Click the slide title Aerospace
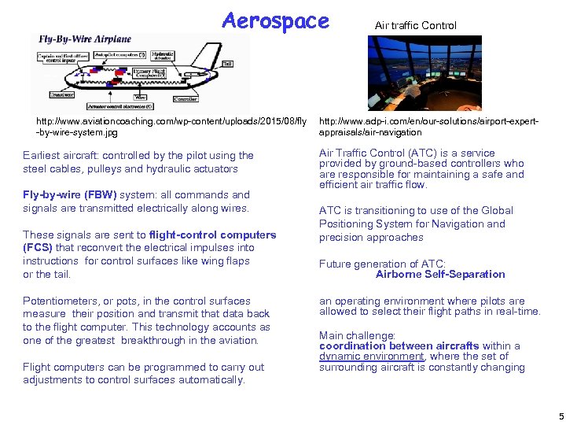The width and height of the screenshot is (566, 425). (x=275, y=20)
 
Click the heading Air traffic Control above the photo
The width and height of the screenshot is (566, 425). (x=415, y=25)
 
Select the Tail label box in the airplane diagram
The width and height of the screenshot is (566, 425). (x=227, y=64)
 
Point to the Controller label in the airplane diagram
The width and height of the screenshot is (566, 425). (x=186, y=99)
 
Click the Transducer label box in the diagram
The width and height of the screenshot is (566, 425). (x=61, y=94)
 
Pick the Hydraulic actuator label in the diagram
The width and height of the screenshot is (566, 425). (x=162, y=57)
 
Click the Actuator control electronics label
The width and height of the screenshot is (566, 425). (x=119, y=105)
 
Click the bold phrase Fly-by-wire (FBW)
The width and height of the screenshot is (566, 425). (x=70, y=195)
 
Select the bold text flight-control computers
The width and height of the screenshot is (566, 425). (x=212, y=235)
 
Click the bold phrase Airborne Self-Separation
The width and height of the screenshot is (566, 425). (x=440, y=275)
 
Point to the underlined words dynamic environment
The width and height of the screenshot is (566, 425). (x=372, y=357)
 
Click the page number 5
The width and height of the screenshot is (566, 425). (x=560, y=416)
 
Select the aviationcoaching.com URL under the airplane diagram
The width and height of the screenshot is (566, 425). (x=165, y=127)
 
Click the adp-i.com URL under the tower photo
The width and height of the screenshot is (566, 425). (x=428, y=127)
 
